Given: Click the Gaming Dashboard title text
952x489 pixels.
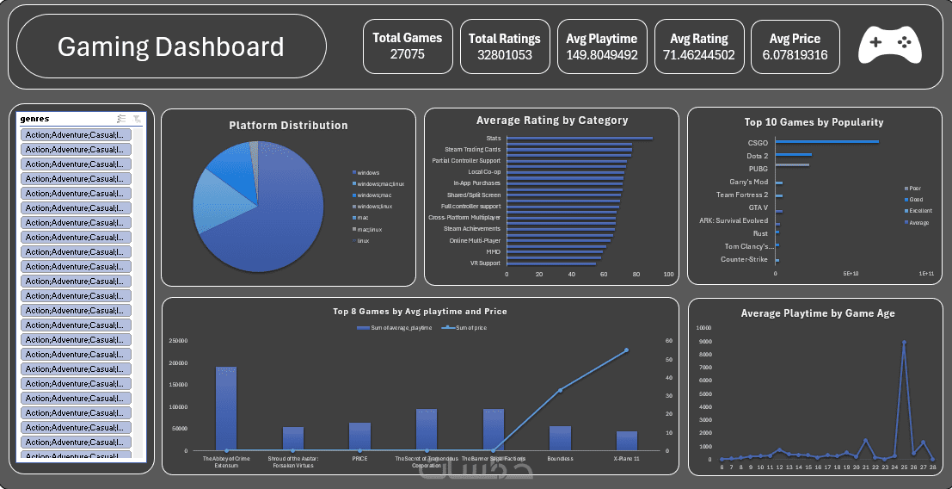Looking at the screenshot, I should point(170,46).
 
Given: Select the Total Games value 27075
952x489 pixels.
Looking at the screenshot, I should point(407,55).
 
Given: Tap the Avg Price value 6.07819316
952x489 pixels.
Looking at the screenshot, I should point(795,55).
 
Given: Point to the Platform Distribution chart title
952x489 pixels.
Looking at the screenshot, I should point(288,126).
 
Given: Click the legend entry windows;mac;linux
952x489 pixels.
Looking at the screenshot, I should point(378,184).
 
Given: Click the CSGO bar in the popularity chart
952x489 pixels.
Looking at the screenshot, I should point(826,142).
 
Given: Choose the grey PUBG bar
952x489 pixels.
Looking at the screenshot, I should point(792,164).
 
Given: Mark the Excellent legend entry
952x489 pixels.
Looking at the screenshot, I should point(919,211).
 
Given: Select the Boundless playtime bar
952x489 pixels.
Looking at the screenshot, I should point(560,438).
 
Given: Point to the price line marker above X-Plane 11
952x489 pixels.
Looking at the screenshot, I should point(626,350).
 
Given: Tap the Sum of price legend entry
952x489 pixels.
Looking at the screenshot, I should point(469,328).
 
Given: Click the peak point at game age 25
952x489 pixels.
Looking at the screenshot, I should point(904,342).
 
